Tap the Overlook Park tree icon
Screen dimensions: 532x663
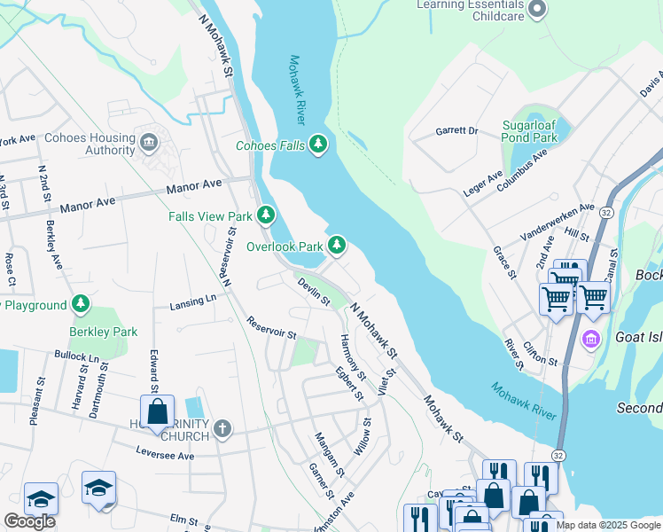point(336,246)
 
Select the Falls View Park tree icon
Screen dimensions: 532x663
point(265,215)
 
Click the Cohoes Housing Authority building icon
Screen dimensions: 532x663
point(149,139)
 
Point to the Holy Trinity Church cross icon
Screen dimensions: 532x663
point(222,428)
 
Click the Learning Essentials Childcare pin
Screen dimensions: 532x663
point(536,10)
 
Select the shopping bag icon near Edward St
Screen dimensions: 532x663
point(157,412)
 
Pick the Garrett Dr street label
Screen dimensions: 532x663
point(456,131)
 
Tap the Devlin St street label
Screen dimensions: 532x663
point(314,292)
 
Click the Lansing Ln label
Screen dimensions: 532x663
point(193,302)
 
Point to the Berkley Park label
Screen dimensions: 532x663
point(104,332)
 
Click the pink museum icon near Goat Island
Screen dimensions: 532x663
point(591,338)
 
